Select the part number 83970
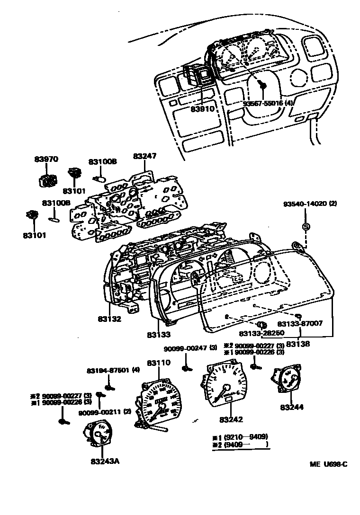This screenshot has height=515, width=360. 46,159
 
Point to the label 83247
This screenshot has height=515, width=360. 144,156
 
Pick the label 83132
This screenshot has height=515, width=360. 110,319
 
